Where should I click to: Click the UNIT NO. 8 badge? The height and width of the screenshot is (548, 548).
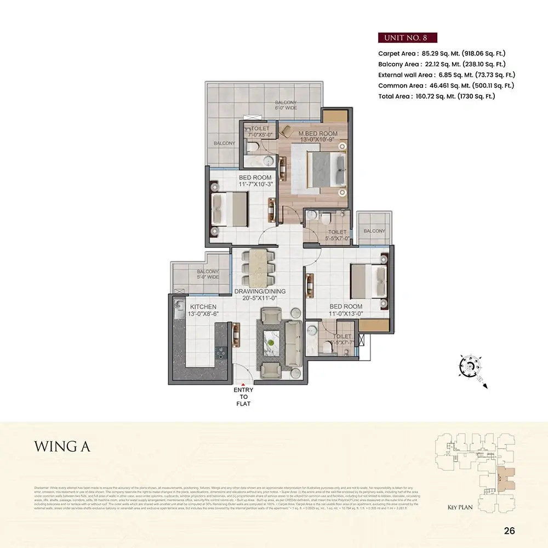tap(407, 38)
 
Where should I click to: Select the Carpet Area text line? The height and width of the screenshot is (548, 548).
tap(442, 54)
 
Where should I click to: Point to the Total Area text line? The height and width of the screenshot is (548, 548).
tap(437, 96)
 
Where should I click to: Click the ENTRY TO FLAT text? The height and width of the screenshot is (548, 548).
tap(244, 396)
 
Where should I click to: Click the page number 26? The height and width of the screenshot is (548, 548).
tap(509, 530)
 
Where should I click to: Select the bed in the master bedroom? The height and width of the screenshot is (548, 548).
tap(325, 169)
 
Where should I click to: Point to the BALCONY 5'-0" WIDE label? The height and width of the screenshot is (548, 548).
tap(208, 274)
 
